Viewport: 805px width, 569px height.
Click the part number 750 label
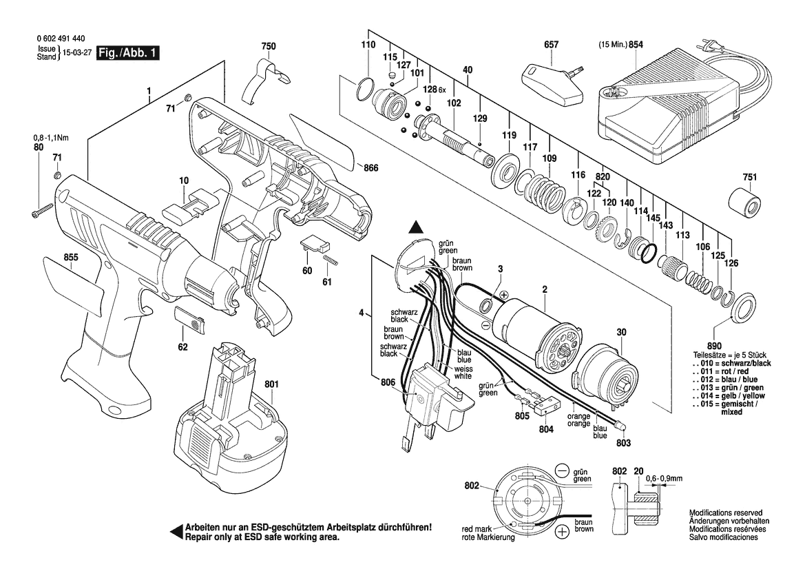[269, 46]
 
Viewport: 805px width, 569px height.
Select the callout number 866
[371, 168]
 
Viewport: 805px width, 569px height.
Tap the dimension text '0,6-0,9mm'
[664, 477]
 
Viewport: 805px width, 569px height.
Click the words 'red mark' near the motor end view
[476, 529]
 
